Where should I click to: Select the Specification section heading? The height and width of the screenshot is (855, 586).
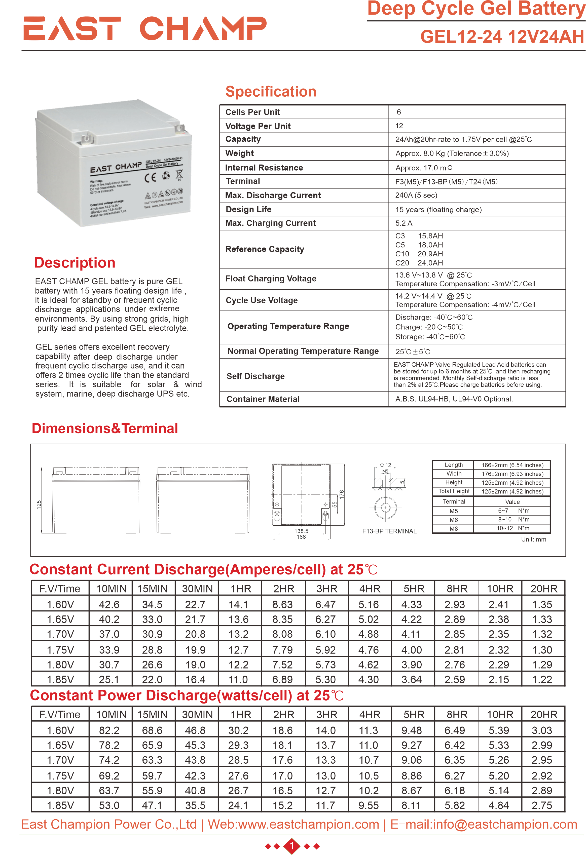pyautogui.click(x=271, y=92)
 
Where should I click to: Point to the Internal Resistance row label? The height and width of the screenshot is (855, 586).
pyautogui.click(x=264, y=168)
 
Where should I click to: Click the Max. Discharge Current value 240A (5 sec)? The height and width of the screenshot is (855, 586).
pyautogui.click(x=416, y=195)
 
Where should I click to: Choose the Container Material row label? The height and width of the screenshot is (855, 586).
pyautogui.click(x=263, y=399)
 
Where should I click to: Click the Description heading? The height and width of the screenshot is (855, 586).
pyautogui.click(x=75, y=263)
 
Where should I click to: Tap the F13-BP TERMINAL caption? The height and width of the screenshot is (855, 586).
pyautogui.click(x=389, y=531)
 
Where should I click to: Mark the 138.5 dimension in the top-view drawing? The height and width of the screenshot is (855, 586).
pyautogui.click(x=301, y=531)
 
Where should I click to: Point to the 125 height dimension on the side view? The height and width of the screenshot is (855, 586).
pyautogui.click(x=39, y=505)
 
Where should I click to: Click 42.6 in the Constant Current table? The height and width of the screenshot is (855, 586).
pyautogui.click(x=109, y=604)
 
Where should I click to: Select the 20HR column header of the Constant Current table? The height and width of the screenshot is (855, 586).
pyautogui.click(x=543, y=589)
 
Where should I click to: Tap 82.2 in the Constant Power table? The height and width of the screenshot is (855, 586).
pyautogui.click(x=109, y=730)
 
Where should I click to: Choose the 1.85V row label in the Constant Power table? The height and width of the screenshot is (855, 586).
pyautogui.click(x=60, y=805)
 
